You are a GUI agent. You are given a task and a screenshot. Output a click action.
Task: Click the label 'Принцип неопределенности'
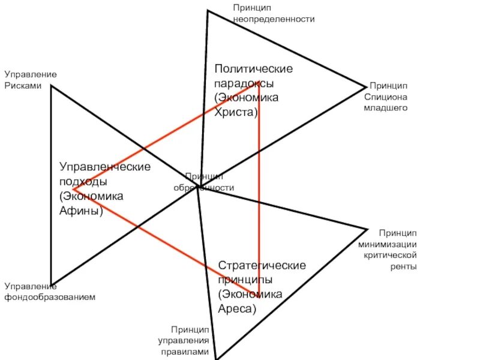[x=274, y=13]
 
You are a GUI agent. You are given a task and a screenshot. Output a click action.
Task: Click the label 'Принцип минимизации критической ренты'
[x=388, y=249]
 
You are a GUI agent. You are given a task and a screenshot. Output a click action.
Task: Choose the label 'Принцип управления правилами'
[x=183, y=341]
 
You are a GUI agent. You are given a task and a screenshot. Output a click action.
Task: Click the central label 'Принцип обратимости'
[x=204, y=182]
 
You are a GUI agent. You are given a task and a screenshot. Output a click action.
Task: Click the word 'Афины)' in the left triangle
[x=81, y=211]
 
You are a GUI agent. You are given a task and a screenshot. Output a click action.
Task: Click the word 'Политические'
[x=254, y=68]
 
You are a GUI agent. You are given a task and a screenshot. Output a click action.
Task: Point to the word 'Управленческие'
[x=105, y=166]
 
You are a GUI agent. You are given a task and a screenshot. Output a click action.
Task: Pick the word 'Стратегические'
[x=262, y=265]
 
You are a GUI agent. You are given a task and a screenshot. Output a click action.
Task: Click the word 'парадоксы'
[x=245, y=83]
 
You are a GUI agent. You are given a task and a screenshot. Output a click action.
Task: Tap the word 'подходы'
[x=83, y=181]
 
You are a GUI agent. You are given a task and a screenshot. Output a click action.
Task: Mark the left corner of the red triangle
[x=74, y=190]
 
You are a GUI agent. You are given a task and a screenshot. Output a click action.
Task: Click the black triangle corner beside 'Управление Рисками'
[x=52, y=86]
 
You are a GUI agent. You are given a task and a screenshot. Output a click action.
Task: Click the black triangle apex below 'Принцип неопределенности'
[x=208, y=11]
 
